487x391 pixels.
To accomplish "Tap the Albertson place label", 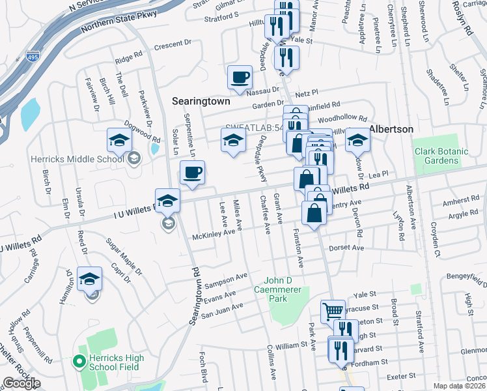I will [x=391, y=129].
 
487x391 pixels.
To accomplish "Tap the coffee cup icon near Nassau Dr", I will [x=240, y=77].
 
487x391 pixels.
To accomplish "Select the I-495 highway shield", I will [x=33, y=57].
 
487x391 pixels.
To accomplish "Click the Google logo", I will [x=21, y=383].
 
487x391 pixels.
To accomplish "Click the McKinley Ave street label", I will [x=212, y=233].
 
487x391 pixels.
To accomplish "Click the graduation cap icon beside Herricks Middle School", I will [x=119, y=139].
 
